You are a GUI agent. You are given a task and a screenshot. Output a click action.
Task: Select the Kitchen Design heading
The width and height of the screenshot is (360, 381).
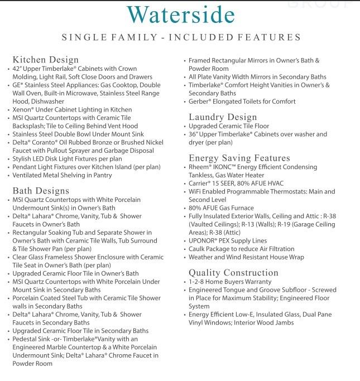coord(46,60)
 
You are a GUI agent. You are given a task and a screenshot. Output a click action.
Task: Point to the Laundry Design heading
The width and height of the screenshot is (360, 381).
coord(223,117)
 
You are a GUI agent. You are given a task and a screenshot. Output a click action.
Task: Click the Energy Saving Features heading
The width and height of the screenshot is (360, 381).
coord(240,158)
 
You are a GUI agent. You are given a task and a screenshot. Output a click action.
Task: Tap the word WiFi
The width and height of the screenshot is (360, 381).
coord(196,191)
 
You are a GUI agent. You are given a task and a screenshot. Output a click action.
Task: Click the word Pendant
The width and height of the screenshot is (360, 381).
coord(26,167)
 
